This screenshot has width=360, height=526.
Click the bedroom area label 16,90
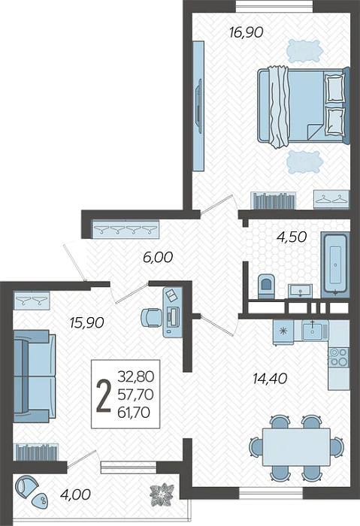tap(246, 32)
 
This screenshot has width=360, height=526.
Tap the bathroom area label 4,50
tap(292, 237)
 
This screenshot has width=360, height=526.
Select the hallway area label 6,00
tap(158, 257)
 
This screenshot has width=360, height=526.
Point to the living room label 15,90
tap(86, 322)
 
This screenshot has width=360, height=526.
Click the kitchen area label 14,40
tap(270, 379)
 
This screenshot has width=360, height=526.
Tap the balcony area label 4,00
tap(75, 494)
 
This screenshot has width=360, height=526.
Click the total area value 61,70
tap(134, 413)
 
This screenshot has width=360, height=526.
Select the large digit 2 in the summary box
tap(103, 395)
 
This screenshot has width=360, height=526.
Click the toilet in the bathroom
tap(266, 286)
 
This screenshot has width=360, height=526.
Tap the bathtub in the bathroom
tap(335, 265)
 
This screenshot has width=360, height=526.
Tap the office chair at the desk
tap(150, 317)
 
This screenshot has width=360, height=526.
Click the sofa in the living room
tap(35, 376)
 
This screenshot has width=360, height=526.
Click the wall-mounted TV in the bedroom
tap(198, 107)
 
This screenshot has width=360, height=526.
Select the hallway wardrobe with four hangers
tap(126, 229)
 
